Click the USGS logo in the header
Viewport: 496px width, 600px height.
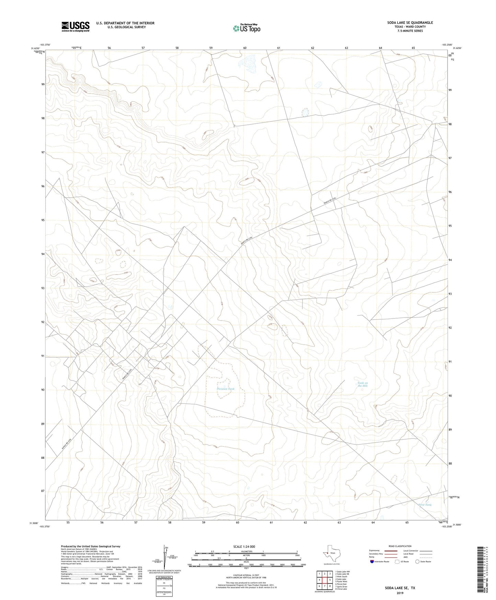point(76,26)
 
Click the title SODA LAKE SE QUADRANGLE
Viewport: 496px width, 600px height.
point(410,23)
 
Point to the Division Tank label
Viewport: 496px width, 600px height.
point(226,389)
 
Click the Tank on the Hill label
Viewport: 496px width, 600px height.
point(362,384)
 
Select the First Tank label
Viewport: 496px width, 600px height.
point(425,505)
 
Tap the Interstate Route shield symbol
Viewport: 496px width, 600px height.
point(372,561)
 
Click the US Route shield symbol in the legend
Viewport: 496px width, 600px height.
point(397,561)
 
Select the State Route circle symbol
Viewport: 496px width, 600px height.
point(417,561)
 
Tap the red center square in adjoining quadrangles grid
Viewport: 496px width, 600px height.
point(324,580)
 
